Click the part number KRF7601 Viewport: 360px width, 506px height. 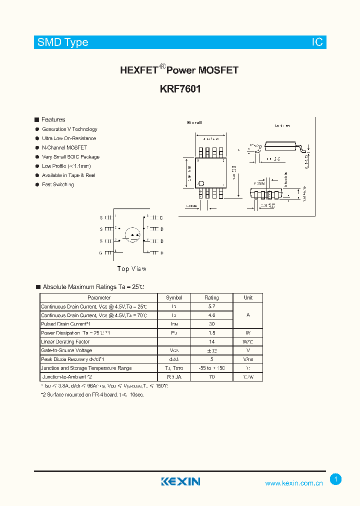tap(180, 89)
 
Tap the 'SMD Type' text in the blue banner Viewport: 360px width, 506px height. tap(62, 42)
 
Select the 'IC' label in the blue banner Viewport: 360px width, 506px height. tap(317, 42)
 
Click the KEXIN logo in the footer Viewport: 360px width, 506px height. tap(180, 481)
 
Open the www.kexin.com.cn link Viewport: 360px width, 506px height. tap(294, 483)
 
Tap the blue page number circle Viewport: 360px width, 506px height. tap(336, 479)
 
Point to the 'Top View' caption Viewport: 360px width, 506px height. tap(132, 269)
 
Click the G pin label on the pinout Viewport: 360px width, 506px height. tap(100, 253)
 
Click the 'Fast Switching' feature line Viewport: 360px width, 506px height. tap(58, 184)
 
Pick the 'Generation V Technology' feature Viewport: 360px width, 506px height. tap(69, 129)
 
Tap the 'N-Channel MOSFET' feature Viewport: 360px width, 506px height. tap(64, 147)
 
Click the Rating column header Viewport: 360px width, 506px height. tap(211, 297)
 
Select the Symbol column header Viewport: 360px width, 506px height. tap(174, 297)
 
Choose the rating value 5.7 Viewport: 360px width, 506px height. tap(211, 306)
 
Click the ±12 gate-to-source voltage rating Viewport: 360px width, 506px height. tap(211, 350)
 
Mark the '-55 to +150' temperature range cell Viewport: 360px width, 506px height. tap(211, 368)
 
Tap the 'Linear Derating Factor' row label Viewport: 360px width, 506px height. tap(65, 341)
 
